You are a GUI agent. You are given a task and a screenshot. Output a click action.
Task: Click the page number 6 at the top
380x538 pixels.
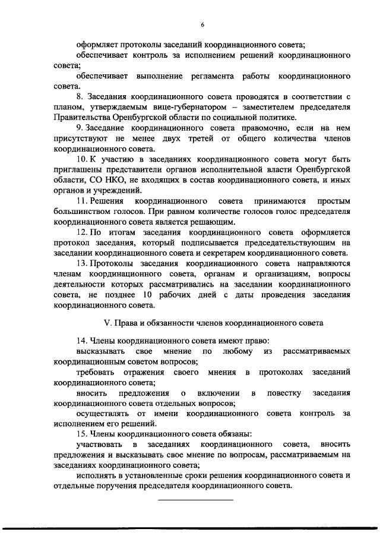[x=202, y=24]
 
